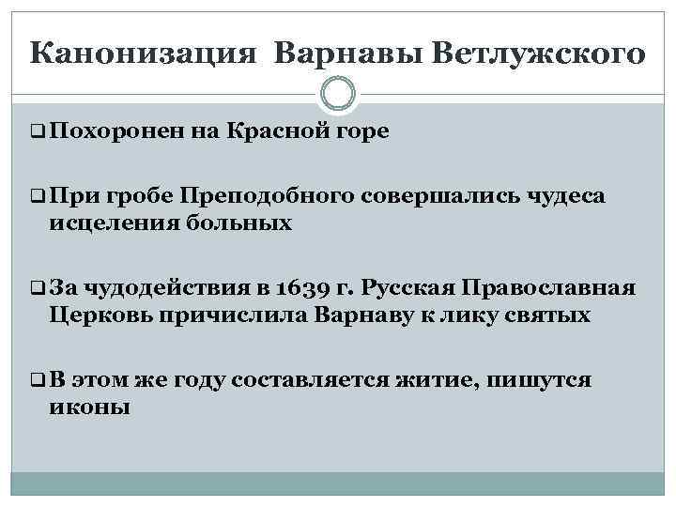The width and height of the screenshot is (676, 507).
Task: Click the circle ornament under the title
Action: pyautogui.click(x=338, y=94)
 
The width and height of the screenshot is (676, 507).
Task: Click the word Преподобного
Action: pyautogui.click(x=265, y=196)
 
